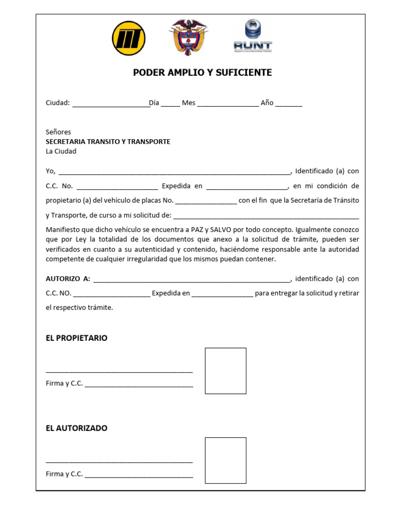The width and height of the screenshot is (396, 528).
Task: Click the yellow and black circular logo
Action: click(x=128, y=38)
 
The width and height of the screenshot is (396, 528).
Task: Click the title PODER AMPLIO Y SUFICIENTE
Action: click(x=202, y=73)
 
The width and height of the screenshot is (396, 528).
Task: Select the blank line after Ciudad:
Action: click(x=110, y=104)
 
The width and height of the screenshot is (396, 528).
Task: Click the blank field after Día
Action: click(x=170, y=104)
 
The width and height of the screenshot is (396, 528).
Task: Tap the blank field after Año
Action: click(x=289, y=104)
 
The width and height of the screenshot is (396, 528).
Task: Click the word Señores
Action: click(x=58, y=132)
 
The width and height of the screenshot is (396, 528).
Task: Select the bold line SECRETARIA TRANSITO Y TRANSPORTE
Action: click(x=108, y=142)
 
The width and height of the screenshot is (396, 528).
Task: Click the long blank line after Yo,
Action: click(x=175, y=172)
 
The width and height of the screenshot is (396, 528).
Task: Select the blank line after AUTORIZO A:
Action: click(x=191, y=279)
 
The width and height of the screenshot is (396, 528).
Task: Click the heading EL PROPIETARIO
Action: click(x=76, y=338)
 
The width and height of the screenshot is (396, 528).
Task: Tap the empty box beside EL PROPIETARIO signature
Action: click(x=225, y=371)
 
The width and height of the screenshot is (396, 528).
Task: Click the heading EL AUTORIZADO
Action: click(x=76, y=428)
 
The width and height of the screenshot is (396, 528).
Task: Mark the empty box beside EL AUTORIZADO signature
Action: click(x=225, y=460)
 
